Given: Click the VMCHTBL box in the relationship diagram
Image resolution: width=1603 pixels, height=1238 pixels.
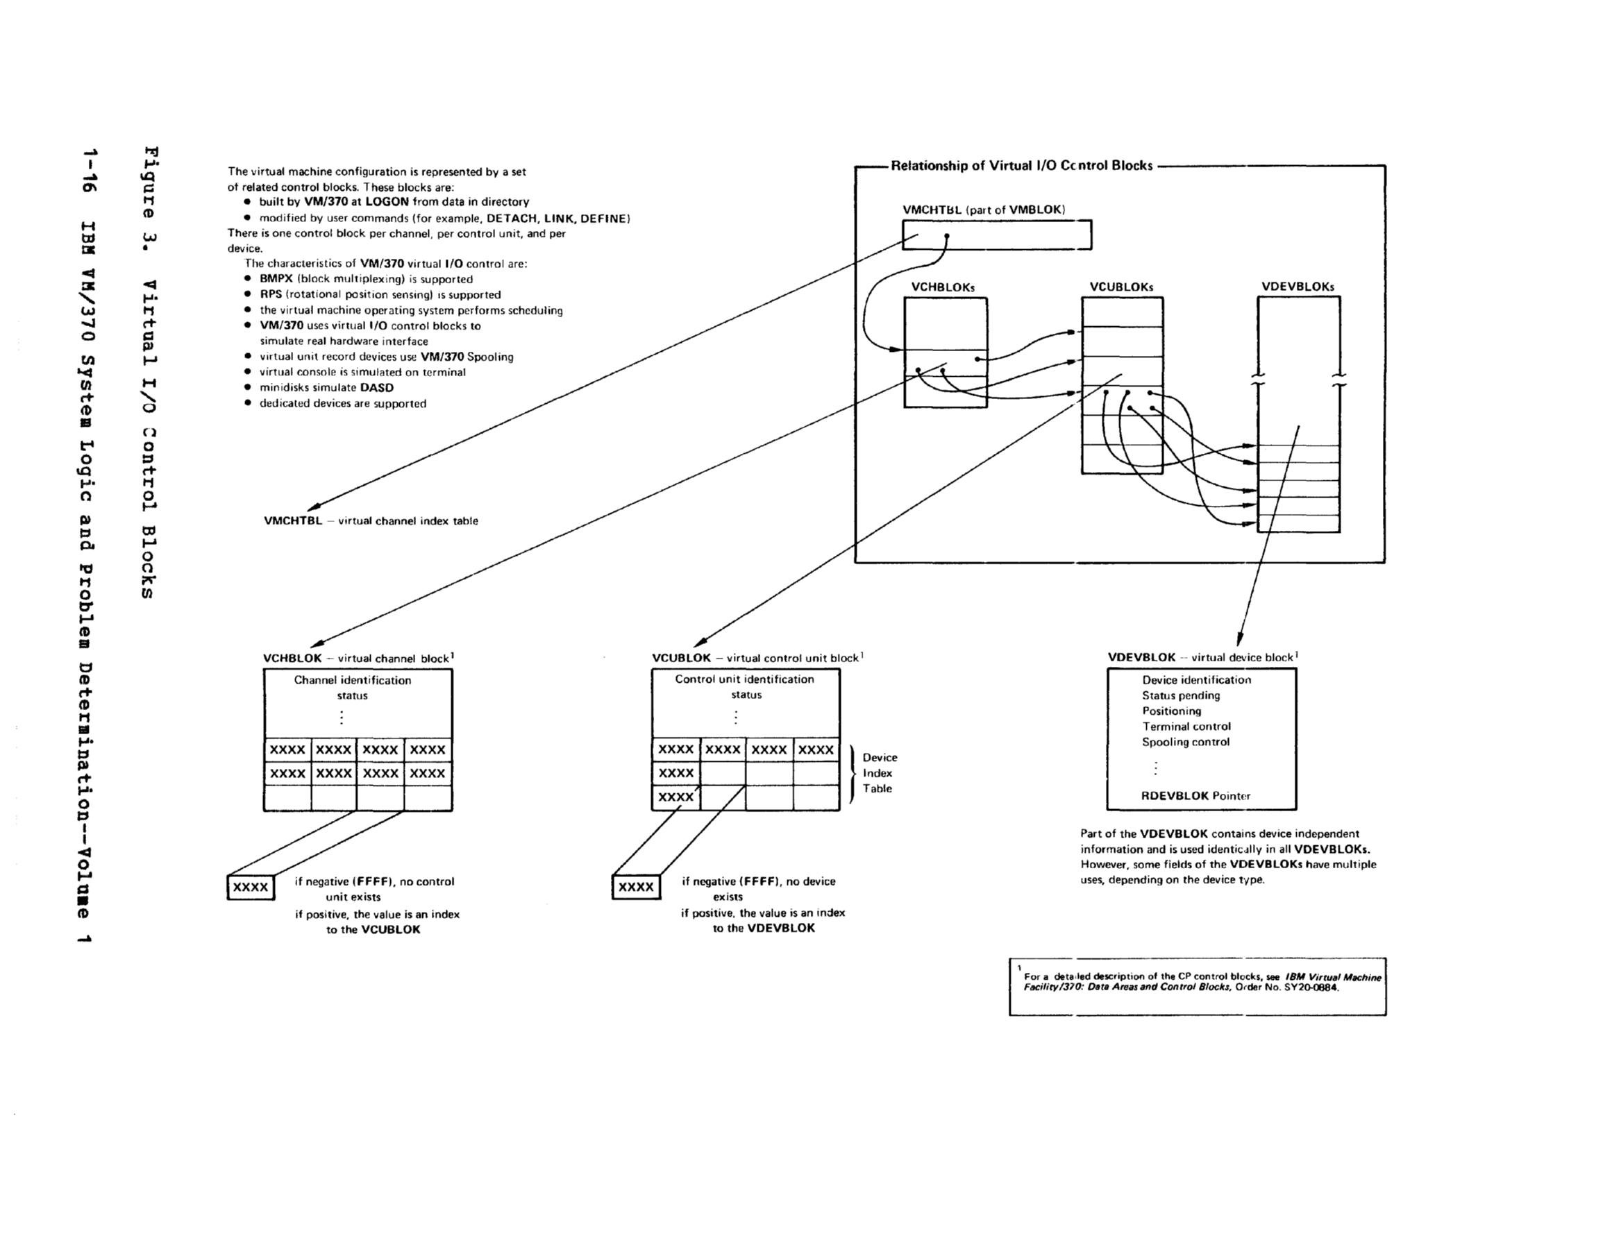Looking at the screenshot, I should coord(996,235).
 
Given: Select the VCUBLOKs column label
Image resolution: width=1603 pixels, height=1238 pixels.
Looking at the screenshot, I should coord(1121,287).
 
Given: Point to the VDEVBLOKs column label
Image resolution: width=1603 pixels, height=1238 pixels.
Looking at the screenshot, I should coord(1297,287).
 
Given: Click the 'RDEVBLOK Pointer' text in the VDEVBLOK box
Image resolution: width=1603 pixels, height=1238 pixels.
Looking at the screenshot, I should coord(1195,795).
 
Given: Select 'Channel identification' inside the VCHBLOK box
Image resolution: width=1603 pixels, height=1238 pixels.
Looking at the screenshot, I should coord(352,680).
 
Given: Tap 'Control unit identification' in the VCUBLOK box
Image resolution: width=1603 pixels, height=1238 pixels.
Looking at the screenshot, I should coord(744,679).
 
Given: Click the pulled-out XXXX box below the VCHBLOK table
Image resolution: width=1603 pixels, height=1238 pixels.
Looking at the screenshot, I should coord(251,888).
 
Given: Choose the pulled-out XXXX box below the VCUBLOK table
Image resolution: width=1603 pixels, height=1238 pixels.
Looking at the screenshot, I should coord(636,886).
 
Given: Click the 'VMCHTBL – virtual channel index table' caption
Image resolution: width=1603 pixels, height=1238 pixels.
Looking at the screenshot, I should coord(371,521).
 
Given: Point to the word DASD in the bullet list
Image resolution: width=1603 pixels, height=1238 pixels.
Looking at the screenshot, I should coord(376,387).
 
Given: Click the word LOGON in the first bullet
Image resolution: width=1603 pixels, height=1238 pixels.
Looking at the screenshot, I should coord(387,202).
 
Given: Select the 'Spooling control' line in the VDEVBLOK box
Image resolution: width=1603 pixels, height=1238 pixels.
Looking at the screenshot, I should coord(1184,742).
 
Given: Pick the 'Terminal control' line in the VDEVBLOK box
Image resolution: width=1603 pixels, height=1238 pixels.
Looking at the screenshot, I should coord(1186,727).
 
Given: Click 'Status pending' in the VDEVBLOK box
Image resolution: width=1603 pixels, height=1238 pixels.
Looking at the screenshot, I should coord(1180,696).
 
